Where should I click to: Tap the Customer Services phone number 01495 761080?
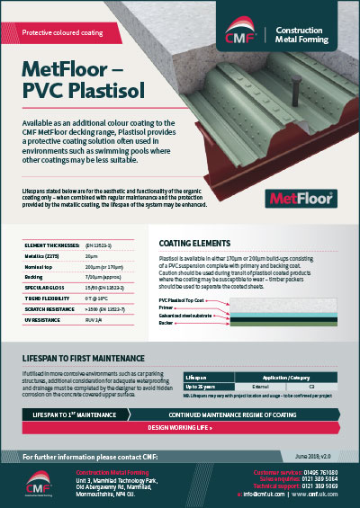pos(328,470)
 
